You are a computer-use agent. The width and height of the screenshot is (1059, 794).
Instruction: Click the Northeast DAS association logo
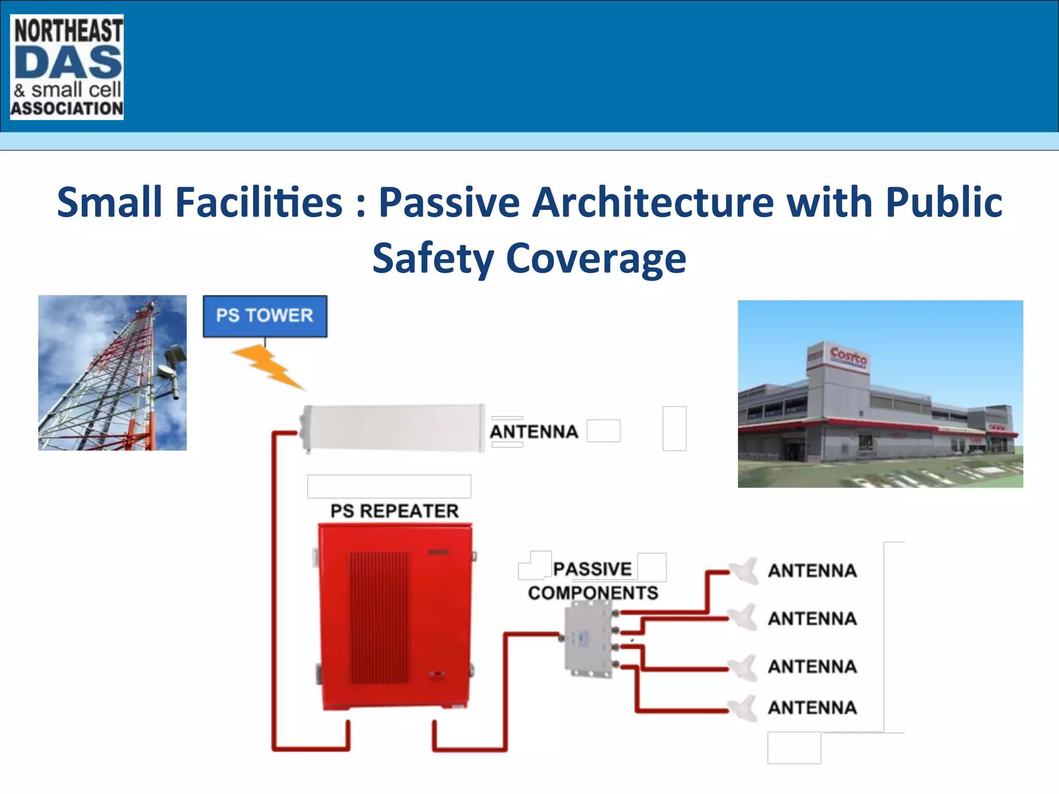pos(67,67)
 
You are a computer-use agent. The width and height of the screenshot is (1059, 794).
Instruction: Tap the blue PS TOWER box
pos(265,316)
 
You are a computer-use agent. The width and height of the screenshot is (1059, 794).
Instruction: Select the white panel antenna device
pos(393,428)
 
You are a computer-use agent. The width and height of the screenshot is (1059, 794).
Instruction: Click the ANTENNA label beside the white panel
pos(534,432)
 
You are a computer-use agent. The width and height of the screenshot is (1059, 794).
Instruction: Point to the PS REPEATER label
pos(395,511)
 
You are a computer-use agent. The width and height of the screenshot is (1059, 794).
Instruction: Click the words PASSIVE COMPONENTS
pos(593,581)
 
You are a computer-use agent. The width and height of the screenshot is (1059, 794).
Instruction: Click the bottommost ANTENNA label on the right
pos(812,707)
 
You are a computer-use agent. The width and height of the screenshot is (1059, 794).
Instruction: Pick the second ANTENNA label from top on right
pos(812,618)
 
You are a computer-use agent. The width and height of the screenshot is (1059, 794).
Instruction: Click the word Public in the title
pos(944,202)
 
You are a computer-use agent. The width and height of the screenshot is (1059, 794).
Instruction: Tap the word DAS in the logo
pos(68,62)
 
